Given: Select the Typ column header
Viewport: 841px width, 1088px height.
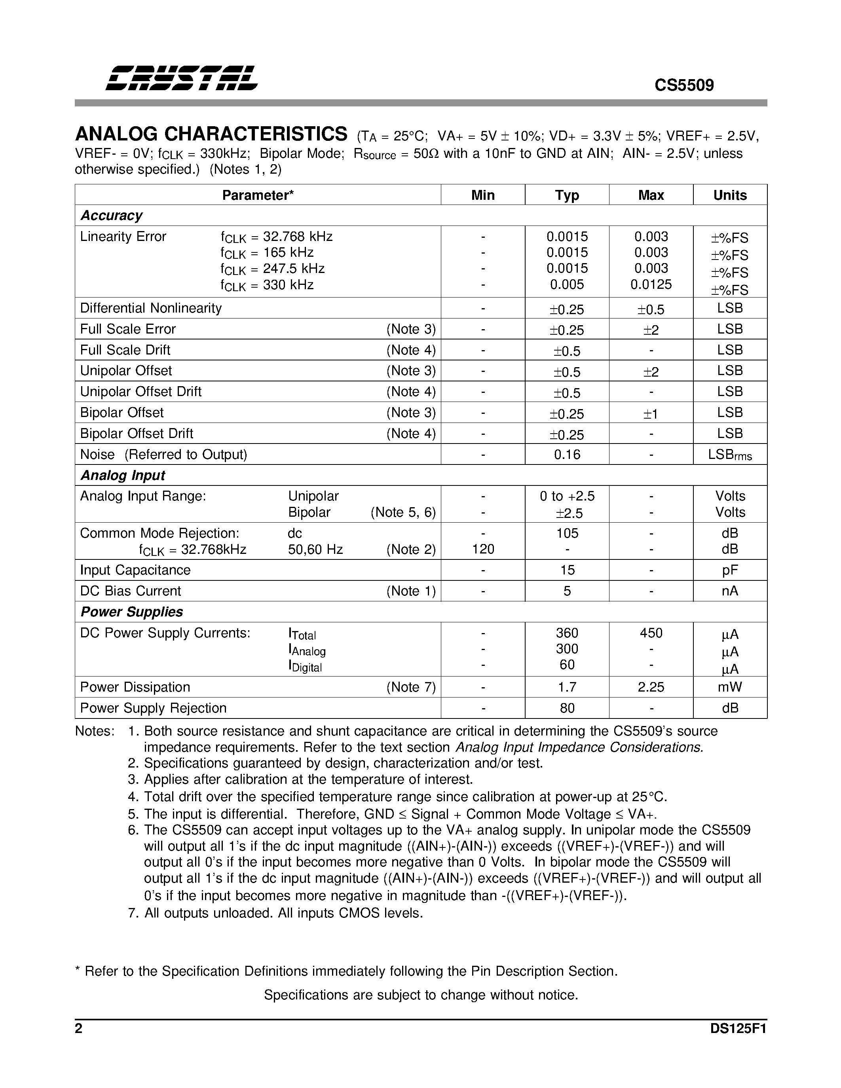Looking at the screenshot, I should [x=567, y=195].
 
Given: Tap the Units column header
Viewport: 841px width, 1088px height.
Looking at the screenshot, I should [x=730, y=195].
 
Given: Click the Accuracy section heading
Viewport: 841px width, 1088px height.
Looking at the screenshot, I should [x=112, y=216].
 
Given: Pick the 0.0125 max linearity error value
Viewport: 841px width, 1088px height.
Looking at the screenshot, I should [x=651, y=284].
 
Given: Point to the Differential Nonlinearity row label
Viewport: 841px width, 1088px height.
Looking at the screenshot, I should [x=151, y=308].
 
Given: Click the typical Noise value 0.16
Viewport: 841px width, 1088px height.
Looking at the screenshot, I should [x=567, y=454].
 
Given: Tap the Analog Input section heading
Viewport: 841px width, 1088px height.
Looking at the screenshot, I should [x=123, y=475].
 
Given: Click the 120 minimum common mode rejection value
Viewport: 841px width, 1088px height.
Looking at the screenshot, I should [x=483, y=550].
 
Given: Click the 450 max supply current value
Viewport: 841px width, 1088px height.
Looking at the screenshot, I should [x=651, y=633].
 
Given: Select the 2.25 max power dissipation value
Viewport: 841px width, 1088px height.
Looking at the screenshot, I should [x=651, y=687].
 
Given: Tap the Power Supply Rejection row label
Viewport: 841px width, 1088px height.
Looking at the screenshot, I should [x=154, y=708].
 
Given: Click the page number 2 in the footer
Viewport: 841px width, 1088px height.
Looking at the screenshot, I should [x=79, y=1029].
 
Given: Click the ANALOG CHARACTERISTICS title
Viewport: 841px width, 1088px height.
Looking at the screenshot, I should [x=211, y=135].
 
